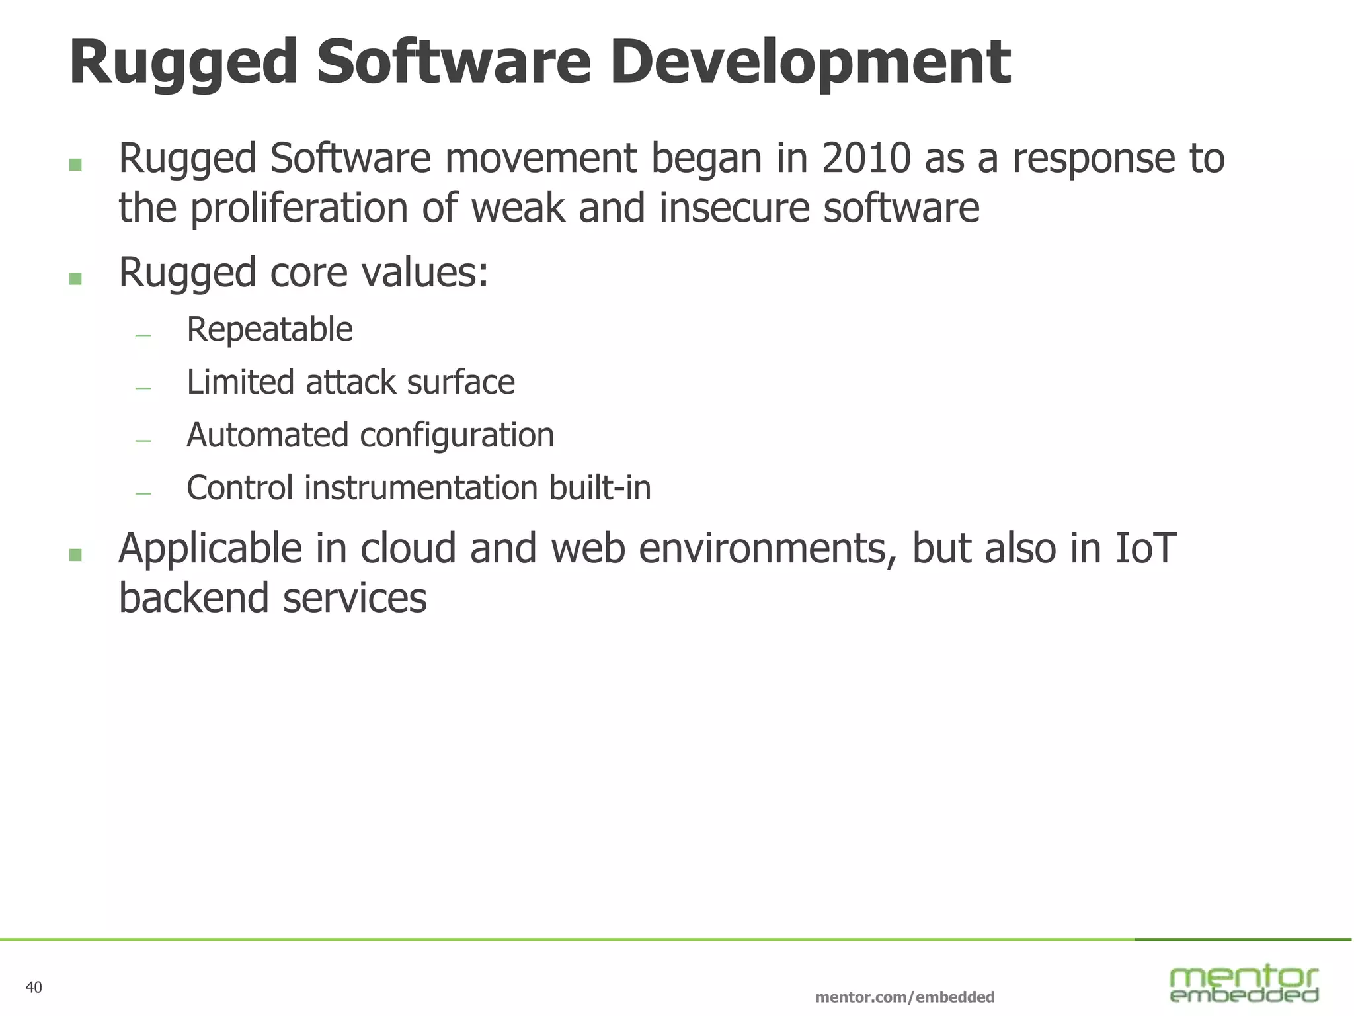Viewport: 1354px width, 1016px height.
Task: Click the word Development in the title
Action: (809, 63)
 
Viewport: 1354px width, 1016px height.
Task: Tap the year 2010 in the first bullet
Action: (866, 159)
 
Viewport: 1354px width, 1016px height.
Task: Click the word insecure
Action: (735, 209)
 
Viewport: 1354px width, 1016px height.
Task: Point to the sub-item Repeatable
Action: (270, 329)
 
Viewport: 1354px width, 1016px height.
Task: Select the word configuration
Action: (457, 436)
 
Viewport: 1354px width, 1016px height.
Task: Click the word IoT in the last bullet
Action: (1146, 549)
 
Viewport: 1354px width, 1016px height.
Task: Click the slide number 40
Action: (34, 988)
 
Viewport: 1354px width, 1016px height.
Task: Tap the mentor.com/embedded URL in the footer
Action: (905, 997)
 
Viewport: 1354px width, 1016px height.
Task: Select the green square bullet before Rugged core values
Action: (75, 278)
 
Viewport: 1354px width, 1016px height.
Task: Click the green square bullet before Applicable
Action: (75, 554)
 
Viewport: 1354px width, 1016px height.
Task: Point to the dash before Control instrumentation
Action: (143, 493)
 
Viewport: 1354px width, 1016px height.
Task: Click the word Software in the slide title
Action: (453, 63)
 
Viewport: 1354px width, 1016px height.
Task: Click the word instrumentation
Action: (420, 488)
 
